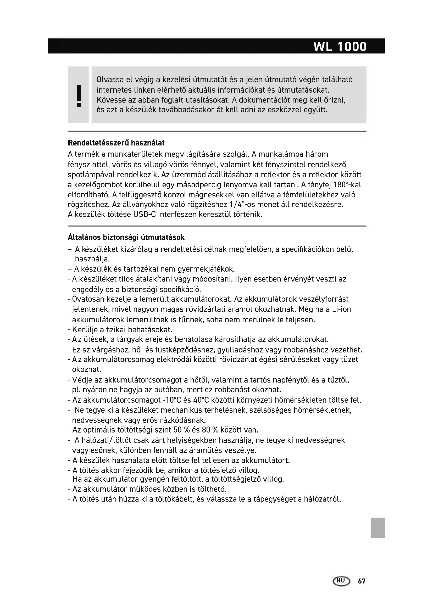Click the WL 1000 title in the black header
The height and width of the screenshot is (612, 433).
click(340, 47)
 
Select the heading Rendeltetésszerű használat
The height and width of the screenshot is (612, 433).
click(116, 143)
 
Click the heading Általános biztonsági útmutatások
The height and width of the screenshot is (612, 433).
click(126, 237)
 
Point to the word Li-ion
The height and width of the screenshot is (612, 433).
click(342, 309)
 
